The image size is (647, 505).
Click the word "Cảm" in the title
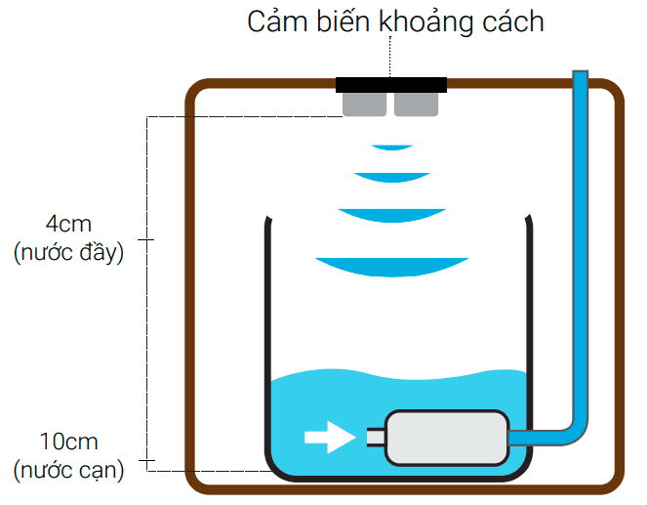click(278, 21)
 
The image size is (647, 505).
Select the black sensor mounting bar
click(390, 84)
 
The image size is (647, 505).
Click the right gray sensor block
click(417, 104)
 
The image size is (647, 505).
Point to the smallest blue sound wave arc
click(391, 147)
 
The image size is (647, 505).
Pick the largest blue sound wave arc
click(391, 265)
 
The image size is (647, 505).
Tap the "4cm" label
click(68, 225)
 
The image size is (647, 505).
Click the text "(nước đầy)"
click(68, 253)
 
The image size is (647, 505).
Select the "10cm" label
click(68, 442)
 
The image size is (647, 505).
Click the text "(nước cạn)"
click(68, 470)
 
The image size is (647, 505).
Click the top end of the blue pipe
click(580, 74)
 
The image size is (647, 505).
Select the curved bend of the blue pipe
click(574, 429)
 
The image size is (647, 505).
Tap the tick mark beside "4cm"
click(146, 238)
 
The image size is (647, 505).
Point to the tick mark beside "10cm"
click(146, 459)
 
